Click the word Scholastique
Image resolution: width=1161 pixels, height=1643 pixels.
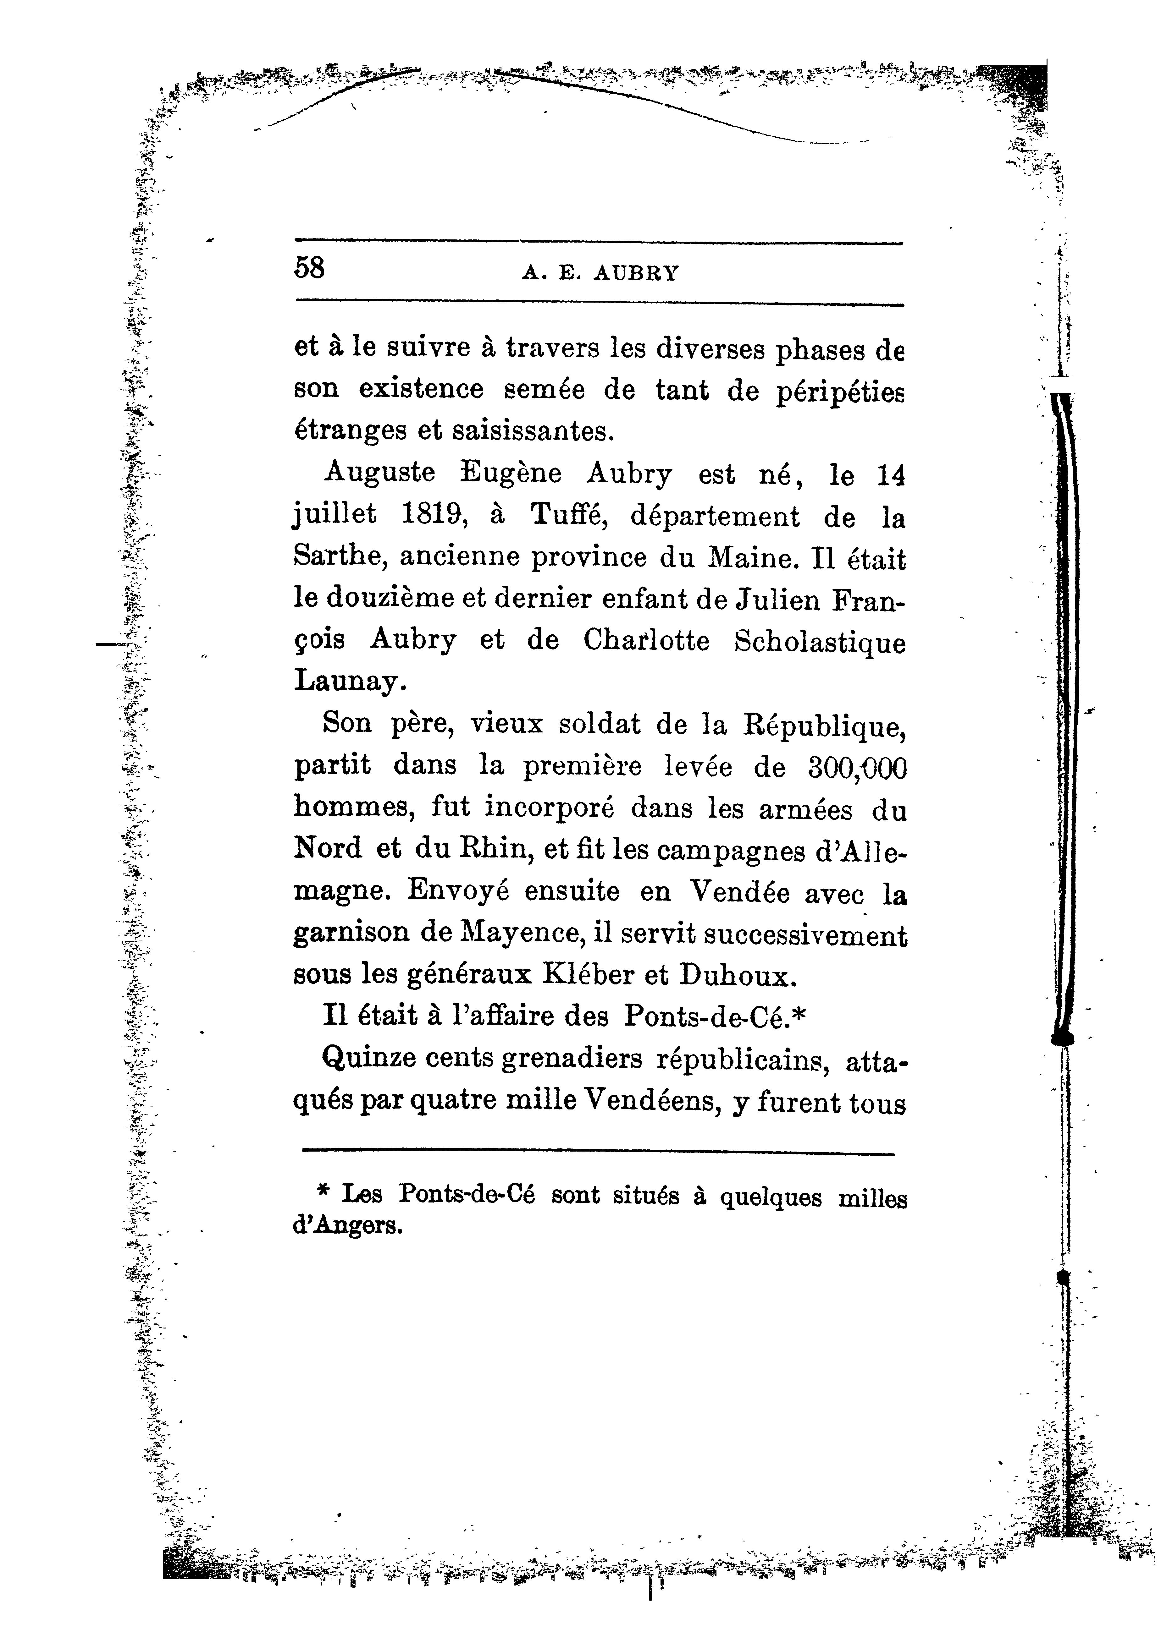[820, 641]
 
